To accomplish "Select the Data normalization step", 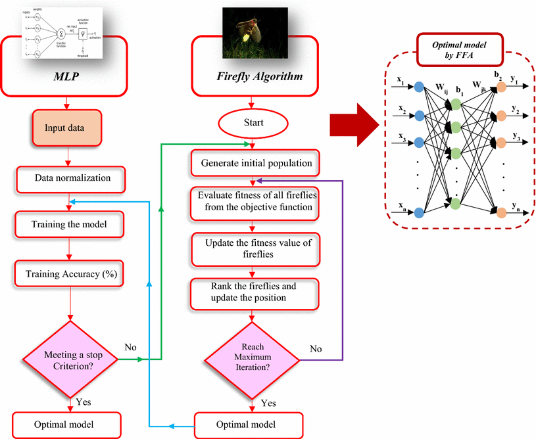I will coord(72,177).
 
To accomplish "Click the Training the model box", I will coord(70,224).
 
